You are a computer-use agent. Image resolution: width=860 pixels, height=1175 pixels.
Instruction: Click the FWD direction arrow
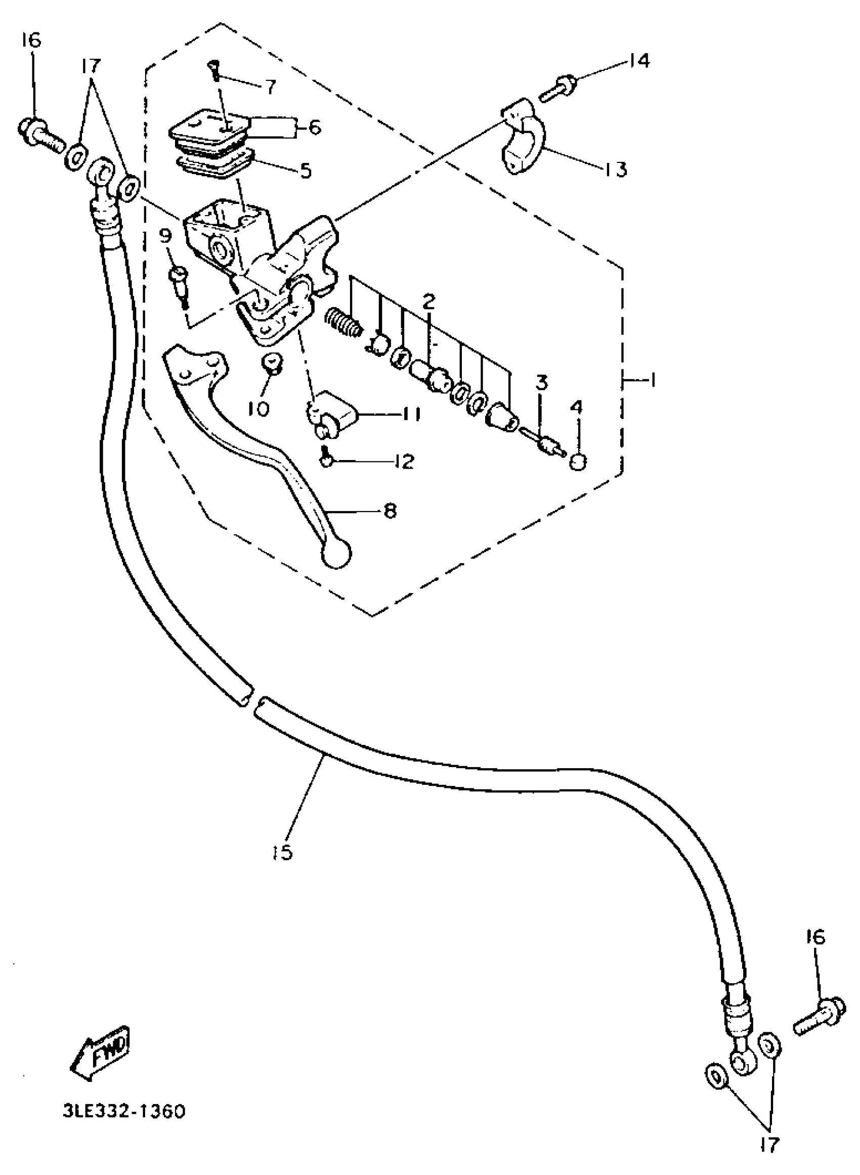point(101,1050)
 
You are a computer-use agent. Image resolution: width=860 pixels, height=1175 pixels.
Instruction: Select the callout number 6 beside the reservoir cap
point(315,127)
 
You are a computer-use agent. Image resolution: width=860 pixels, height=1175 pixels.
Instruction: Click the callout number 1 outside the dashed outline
point(652,381)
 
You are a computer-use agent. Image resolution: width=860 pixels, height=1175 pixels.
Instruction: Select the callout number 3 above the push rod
point(542,384)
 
